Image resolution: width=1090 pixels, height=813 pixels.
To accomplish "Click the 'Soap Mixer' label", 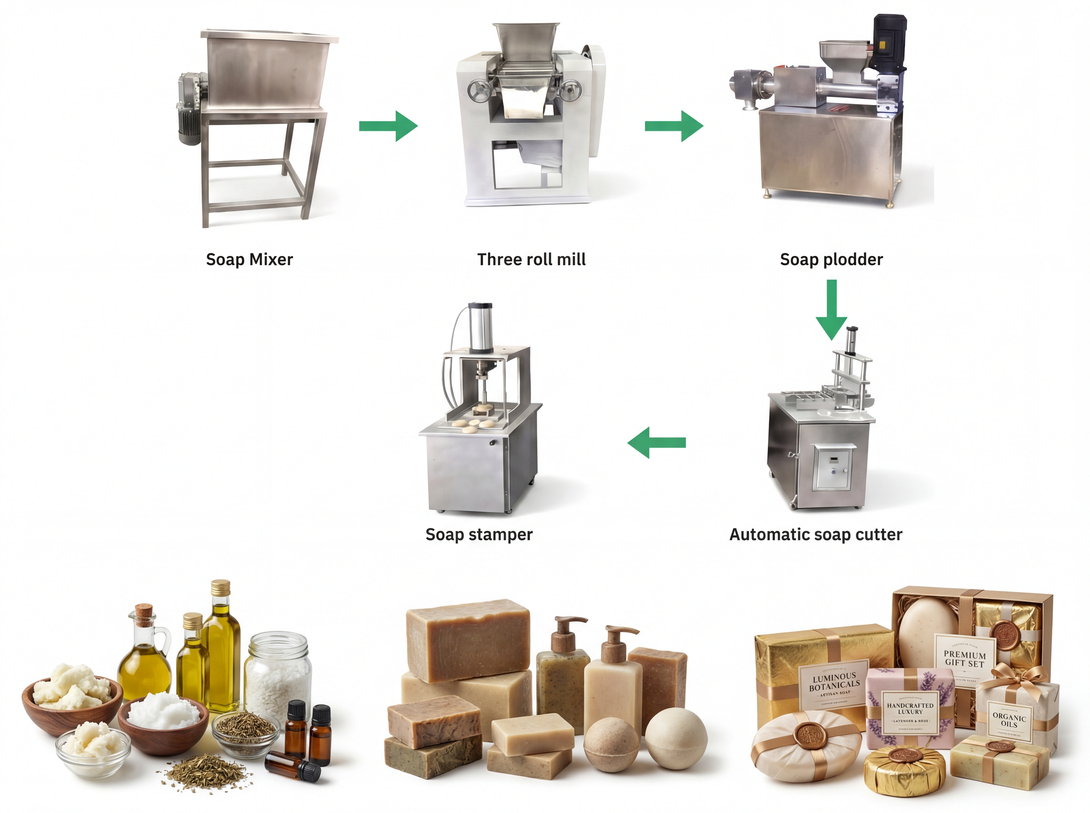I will (249, 259).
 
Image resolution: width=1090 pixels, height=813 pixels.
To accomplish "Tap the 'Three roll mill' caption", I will (531, 259).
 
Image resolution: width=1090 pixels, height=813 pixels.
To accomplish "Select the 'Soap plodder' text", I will (831, 259).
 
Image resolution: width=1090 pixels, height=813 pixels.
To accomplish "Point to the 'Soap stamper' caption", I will (479, 534).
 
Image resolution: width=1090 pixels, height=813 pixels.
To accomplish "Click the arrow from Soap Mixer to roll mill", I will (388, 126).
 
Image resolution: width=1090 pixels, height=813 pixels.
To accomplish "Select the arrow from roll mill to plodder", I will (674, 126).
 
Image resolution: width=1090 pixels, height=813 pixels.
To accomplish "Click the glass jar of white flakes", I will (278, 674).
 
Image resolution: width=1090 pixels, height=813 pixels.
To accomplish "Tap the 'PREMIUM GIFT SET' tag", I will (964, 659).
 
